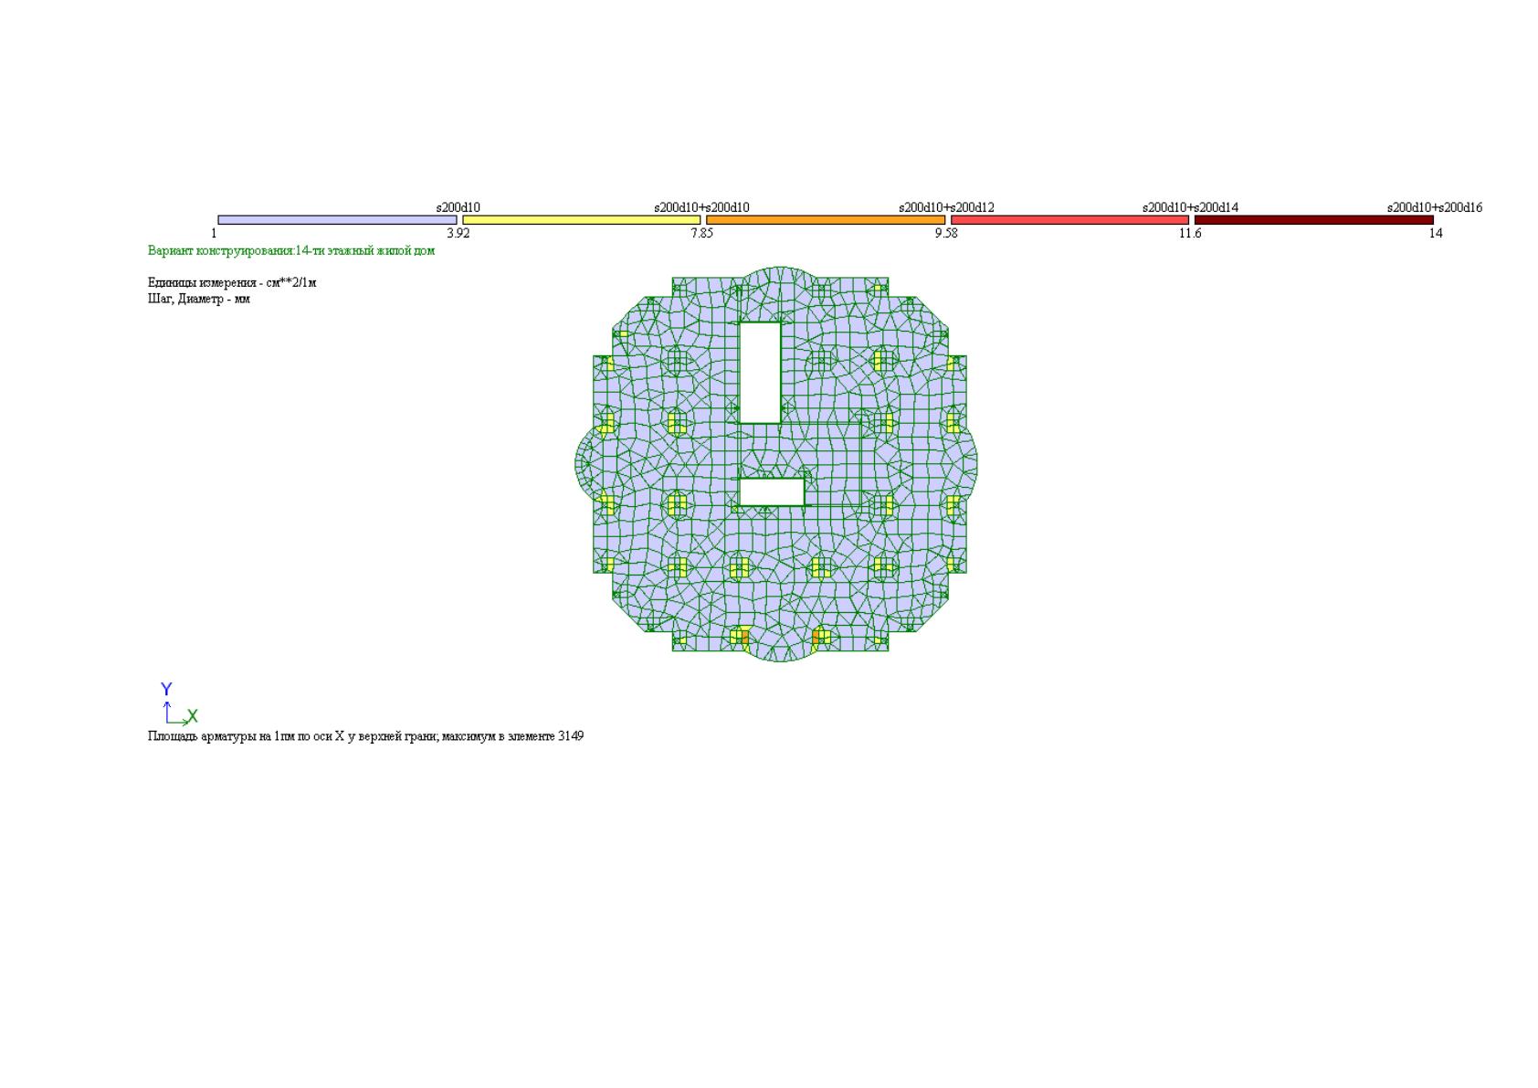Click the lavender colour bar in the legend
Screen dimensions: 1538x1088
click(x=337, y=220)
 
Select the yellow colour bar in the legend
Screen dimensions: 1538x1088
click(x=582, y=220)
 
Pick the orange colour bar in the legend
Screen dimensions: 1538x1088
click(x=826, y=220)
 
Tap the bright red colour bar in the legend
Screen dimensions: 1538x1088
click(x=1069, y=220)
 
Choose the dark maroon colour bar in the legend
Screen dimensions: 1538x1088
click(x=1314, y=220)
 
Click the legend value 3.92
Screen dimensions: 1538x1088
click(x=458, y=234)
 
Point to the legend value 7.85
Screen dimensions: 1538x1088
click(x=701, y=234)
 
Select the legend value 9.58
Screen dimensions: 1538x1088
click(x=946, y=234)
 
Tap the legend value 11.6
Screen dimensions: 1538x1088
click(x=1190, y=234)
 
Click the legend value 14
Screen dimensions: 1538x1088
click(x=1436, y=234)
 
